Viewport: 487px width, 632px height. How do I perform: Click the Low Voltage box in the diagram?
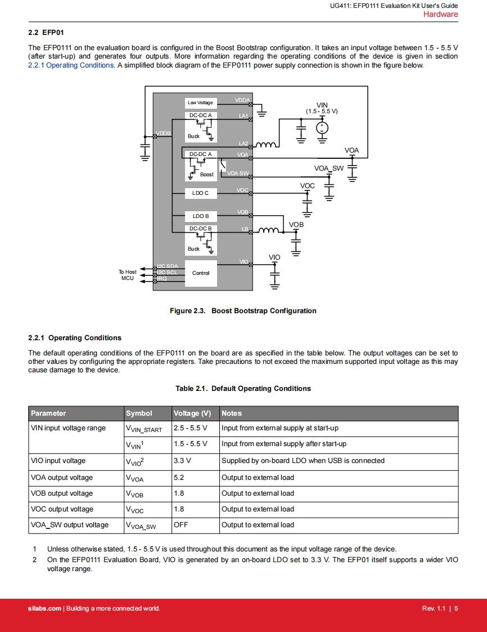click(200, 103)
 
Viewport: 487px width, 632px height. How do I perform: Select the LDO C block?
click(200, 193)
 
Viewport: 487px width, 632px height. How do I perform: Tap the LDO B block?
click(200, 216)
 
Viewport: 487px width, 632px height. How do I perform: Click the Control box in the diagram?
click(200, 273)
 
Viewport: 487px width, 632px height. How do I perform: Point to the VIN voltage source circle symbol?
click(322, 128)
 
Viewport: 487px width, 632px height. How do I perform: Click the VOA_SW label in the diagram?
click(328, 168)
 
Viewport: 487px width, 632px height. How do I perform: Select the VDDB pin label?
click(163, 133)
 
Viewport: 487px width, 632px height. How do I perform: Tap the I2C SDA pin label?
click(168, 266)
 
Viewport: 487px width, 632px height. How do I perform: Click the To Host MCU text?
click(128, 275)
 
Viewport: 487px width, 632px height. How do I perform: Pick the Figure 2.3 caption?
click(243, 311)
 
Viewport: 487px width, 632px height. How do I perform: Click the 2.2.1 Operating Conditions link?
click(71, 65)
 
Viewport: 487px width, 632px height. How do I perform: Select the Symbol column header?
click(139, 413)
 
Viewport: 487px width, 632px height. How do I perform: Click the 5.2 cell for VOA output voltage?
click(179, 478)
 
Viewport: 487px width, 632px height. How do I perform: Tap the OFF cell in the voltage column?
click(181, 525)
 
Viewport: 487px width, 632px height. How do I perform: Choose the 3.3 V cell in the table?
click(182, 461)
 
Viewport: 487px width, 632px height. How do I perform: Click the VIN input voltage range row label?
click(68, 428)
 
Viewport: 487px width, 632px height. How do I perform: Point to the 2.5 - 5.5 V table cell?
click(190, 428)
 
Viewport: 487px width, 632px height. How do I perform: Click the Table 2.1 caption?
click(243, 389)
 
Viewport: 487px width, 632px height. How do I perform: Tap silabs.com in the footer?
click(44, 608)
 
